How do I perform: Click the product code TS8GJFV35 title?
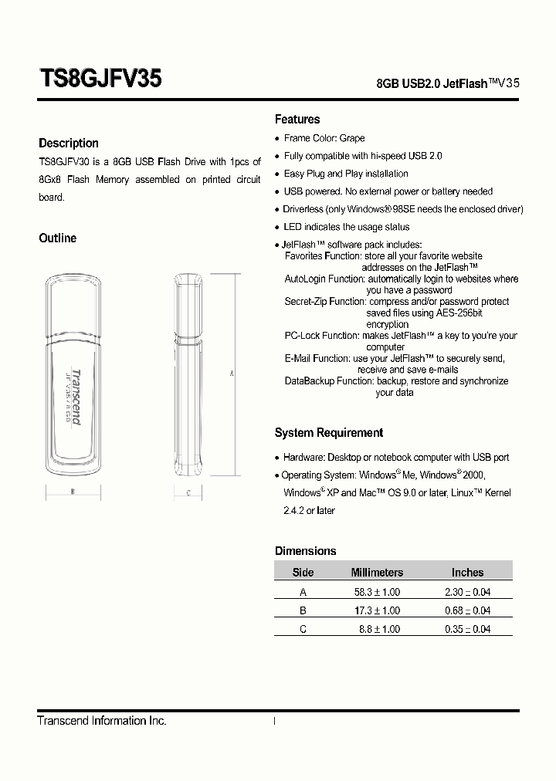click(x=100, y=79)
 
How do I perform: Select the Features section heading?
click(x=297, y=120)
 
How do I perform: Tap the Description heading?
click(x=69, y=144)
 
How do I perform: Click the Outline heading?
click(x=58, y=238)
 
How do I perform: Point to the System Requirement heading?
click(x=329, y=433)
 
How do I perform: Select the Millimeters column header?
click(x=377, y=573)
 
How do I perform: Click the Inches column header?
click(x=467, y=573)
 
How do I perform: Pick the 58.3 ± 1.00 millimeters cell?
click(x=377, y=592)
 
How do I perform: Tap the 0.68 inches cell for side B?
click(x=467, y=610)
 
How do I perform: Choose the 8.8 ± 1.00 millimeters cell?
click(x=379, y=629)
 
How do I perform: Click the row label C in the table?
click(x=303, y=629)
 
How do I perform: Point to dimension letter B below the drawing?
click(x=72, y=492)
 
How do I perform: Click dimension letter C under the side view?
click(x=188, y=492)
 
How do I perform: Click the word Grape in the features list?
click(x=352, y=138)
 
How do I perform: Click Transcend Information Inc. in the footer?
click(x=102, y=721)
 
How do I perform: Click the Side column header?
click(x=303, y=573)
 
